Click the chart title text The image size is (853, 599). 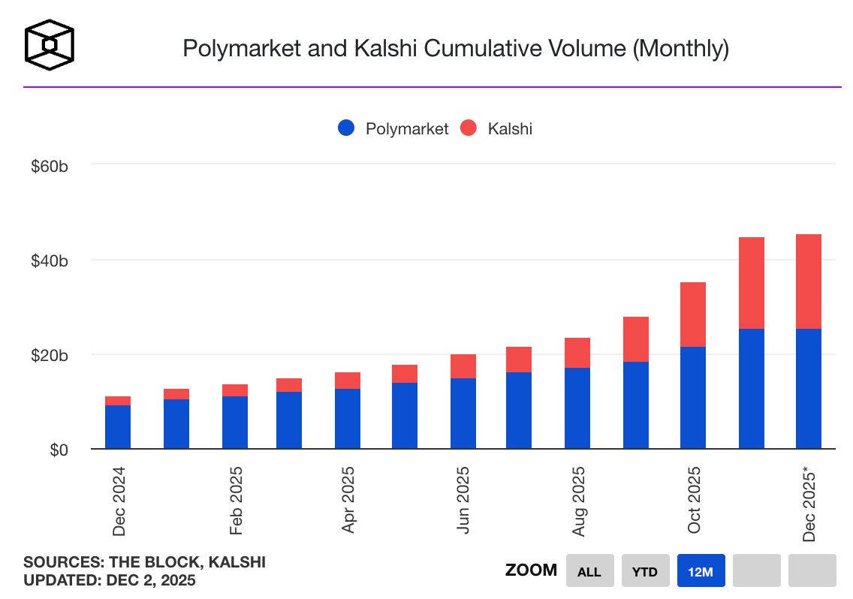coord(456,49)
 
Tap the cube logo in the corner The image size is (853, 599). coord(50,45)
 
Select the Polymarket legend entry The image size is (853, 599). coord(393,128)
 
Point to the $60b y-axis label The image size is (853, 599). coord(50,165)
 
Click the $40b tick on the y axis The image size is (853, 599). coord(50,260)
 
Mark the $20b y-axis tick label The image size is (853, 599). coord(50,355)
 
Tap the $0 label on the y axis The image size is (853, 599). coord(59,450)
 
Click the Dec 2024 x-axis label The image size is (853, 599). coord(119,501)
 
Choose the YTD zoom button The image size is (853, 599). coord(645,571)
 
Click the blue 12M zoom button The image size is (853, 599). coord(701,571)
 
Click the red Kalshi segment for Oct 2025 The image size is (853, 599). coord(693,314)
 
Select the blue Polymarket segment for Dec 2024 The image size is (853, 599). coord(118,426)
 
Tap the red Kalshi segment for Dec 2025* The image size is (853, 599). coord(809,281)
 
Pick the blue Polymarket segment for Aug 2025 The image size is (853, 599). coord(577,408)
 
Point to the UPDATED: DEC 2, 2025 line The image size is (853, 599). coord(110,580)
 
